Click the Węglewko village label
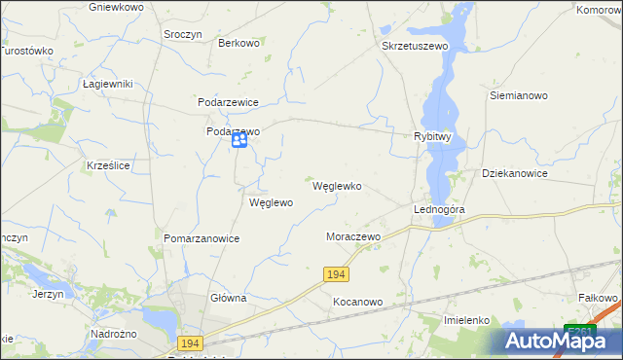337,186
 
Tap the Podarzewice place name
228,102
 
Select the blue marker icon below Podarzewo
239,142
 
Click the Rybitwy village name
432,137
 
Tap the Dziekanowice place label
515,173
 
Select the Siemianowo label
519,96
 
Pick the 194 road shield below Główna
191,343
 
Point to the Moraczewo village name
352,236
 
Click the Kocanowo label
358,302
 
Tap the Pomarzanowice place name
202,237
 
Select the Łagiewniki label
107,85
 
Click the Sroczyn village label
183,33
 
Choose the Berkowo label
239,43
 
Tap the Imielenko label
472,320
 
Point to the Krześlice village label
108,166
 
